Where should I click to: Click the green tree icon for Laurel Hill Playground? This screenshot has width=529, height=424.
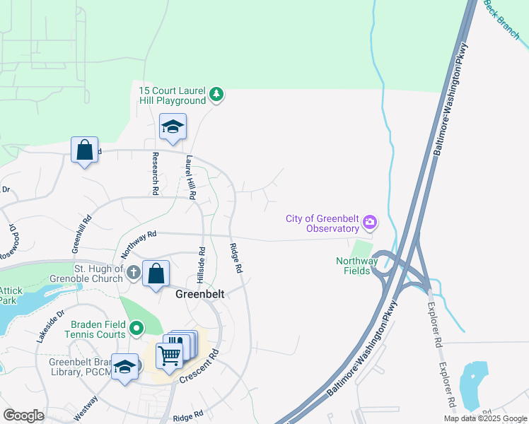click(217, 95)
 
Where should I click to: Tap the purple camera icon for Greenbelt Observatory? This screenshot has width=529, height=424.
click(369, 224)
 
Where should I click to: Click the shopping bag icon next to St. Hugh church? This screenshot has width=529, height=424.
click(156, 273)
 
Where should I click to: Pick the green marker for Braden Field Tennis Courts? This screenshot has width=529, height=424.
click(136, 329)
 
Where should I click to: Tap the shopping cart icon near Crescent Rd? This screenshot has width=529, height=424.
click(170, 353)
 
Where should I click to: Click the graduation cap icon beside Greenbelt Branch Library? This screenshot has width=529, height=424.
click(124, 366)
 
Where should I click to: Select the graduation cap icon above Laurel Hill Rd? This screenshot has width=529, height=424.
click(173, 127)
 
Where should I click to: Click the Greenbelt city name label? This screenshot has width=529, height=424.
click(200, 295)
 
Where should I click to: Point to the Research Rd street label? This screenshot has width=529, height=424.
click(155, 172)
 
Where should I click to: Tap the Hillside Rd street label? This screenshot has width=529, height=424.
click(202, 261)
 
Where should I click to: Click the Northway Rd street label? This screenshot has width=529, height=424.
click(137, 243)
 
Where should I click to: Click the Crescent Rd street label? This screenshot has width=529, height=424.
click(199, 365)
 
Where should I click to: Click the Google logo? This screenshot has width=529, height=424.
click(23, 415)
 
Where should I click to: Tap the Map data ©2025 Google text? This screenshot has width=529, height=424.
click(484, 418)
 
